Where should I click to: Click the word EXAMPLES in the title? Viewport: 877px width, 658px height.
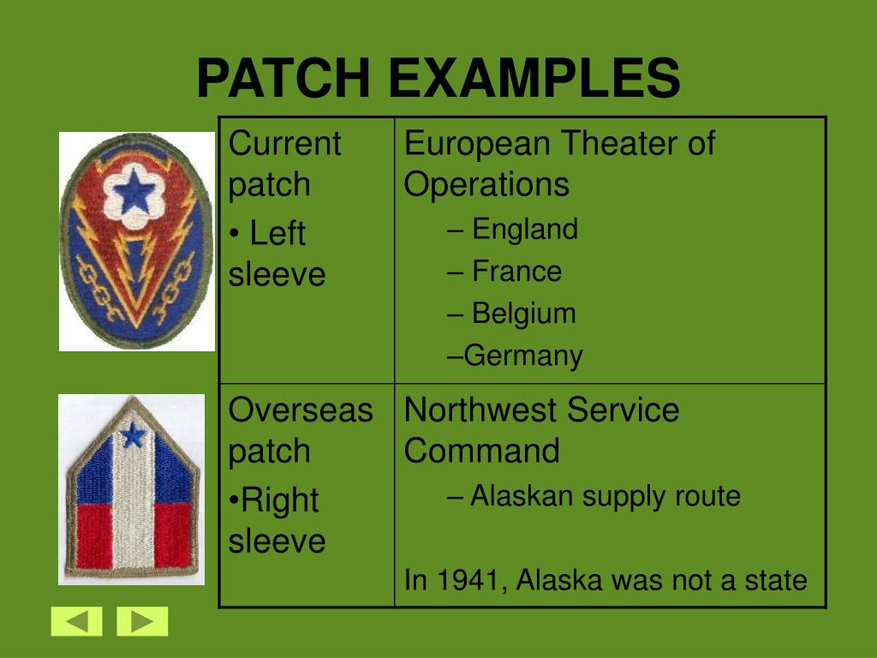(x=533, y=79)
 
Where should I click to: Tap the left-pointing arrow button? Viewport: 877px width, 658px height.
(x=76, y=621)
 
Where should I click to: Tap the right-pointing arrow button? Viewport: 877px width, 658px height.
(x=142, y=621)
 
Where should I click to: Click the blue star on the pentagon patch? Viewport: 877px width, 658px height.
(x=133, y=436)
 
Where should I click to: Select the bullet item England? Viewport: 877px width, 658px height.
(x=524, y=230)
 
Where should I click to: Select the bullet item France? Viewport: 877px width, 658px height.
(x=516, y=272)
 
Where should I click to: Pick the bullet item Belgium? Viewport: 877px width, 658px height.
(x=523, y=314)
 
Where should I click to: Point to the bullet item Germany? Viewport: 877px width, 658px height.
(x=522, y=356)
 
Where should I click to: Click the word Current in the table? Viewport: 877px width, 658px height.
(x=284, y=143)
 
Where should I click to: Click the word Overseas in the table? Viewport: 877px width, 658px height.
(x=301, y=410)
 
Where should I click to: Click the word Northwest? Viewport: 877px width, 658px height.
(x=480, y=410)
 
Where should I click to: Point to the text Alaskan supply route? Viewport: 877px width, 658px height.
(x=605, y=496)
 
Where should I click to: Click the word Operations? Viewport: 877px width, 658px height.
(x=486, y=184)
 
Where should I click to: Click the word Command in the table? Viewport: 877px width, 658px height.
(x=481, y=451)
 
